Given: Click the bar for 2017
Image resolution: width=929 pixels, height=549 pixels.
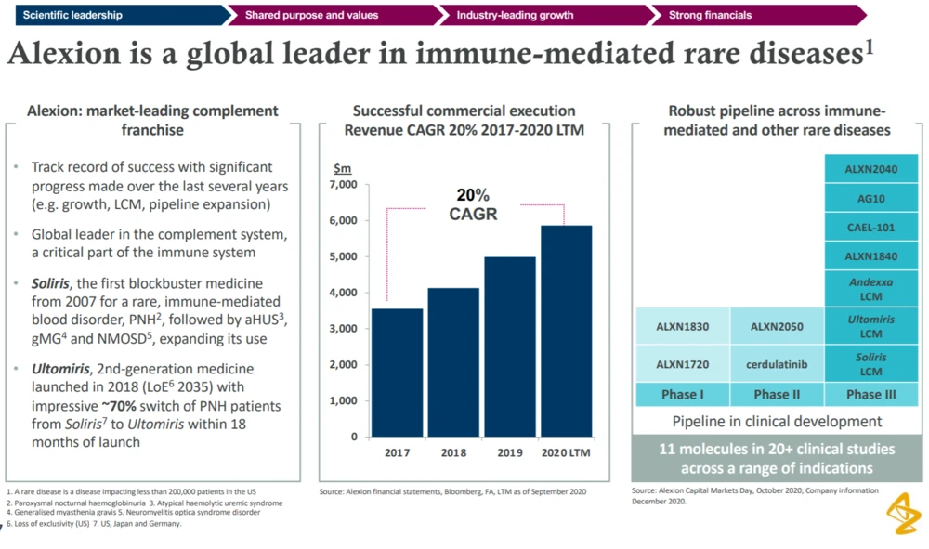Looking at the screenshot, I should [397, 372].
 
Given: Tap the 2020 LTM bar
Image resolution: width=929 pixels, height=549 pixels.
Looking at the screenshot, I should [566, 330].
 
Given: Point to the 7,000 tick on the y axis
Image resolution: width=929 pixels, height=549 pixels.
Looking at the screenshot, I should [343, 185].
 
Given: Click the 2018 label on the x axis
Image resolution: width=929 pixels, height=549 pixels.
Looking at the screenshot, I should [452, 452].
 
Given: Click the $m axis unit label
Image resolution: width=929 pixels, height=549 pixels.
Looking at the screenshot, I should [342, 168].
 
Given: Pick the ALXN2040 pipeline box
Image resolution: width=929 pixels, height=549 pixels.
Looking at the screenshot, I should [863, 171].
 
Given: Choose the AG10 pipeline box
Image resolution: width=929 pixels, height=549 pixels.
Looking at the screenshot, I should [863, 199].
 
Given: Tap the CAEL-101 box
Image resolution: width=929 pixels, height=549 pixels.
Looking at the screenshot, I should [863, 227].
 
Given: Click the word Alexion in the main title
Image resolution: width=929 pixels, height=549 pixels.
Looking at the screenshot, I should [57, 54].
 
